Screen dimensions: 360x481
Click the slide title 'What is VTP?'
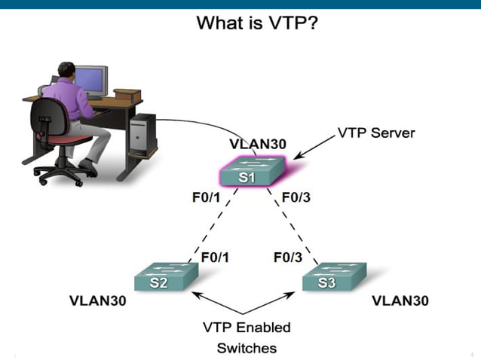point(257,23)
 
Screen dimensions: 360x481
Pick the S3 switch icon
point(332,278)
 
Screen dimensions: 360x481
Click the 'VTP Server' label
point(376,133)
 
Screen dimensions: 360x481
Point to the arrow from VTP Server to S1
point(315,147)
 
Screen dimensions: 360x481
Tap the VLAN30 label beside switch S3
point(400,301)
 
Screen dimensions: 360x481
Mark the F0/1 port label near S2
point(215,258)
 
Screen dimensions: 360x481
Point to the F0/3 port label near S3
point(287,258)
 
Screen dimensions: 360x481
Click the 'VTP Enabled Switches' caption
point(247,337)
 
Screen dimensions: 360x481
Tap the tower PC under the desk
point(143,136)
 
